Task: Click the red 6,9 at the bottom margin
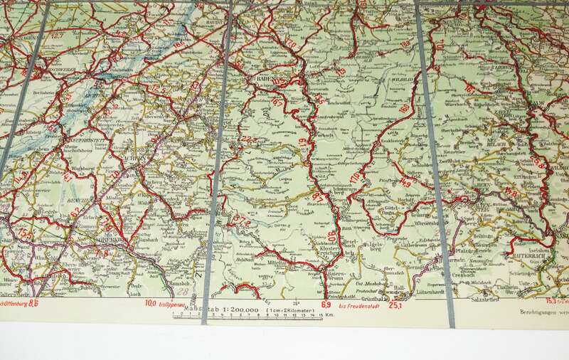pos(326,305)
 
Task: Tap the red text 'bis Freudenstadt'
pos(358,306)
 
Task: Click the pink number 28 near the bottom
pos(184,290)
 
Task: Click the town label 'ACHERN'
pos(142,157)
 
